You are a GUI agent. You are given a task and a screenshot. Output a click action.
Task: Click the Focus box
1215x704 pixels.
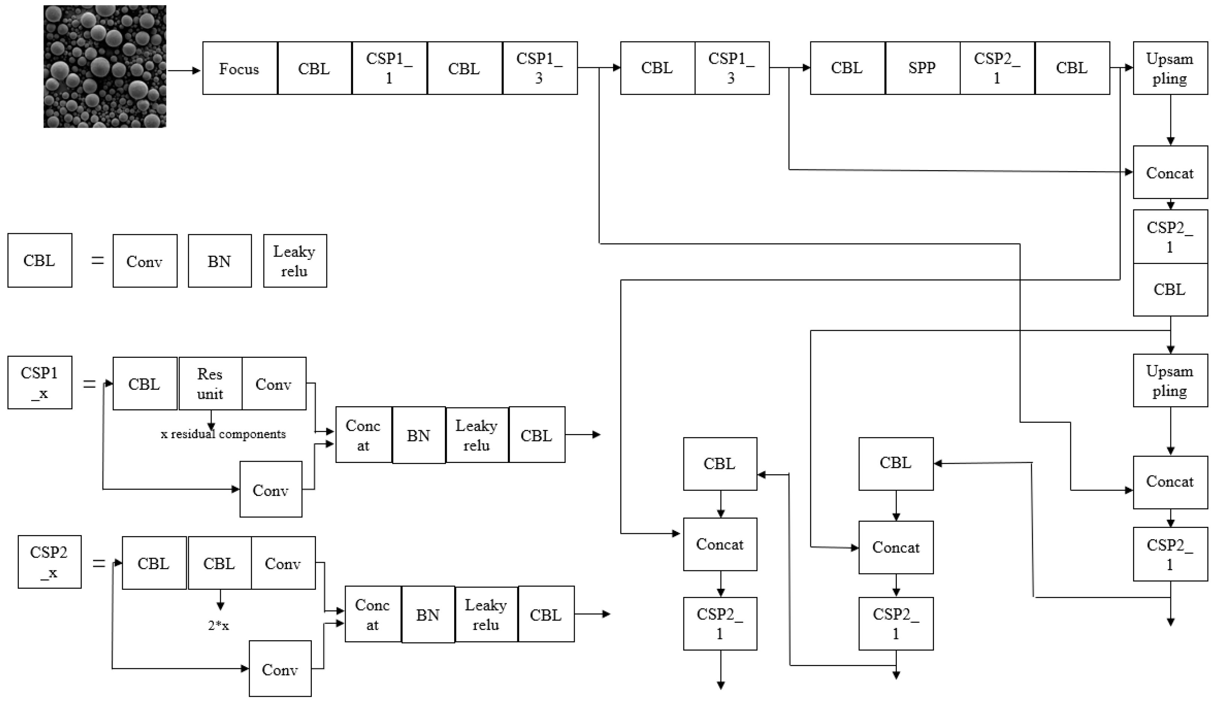[x=240, y=68]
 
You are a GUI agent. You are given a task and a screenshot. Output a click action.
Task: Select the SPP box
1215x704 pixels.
[x=922, y=68]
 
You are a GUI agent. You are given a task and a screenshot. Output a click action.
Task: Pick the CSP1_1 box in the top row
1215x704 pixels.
[x=389, y=68]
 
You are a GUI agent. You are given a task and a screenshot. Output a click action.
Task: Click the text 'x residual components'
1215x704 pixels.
[x=223, y=434]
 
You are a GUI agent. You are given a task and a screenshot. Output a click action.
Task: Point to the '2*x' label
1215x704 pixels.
[x=218, y=626]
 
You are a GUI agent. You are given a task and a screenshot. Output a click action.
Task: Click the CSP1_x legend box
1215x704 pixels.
[x=39, y=383]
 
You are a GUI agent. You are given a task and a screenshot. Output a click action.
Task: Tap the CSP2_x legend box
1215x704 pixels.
[x=49, y=562]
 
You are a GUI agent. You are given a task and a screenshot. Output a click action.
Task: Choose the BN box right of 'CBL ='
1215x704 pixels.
[x=219, y=261]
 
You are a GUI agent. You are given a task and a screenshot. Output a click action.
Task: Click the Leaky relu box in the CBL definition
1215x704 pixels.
[x=295, y=261]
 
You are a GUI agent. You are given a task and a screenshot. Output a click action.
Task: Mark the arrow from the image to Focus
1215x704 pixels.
[x=184, y=70]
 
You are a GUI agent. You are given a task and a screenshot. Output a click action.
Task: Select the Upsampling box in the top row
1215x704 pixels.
[x=1170, y=68]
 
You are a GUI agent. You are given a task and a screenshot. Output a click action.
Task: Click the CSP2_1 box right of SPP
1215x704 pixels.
[x=997, y=68]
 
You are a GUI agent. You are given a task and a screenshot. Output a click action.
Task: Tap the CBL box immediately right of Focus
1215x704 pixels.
[x=314, y=68]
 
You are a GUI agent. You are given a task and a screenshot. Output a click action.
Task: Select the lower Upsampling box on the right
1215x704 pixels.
[x=1170, y=381]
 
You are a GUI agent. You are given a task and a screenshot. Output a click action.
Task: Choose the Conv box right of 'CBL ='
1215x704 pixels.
[x=145, y=261]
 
